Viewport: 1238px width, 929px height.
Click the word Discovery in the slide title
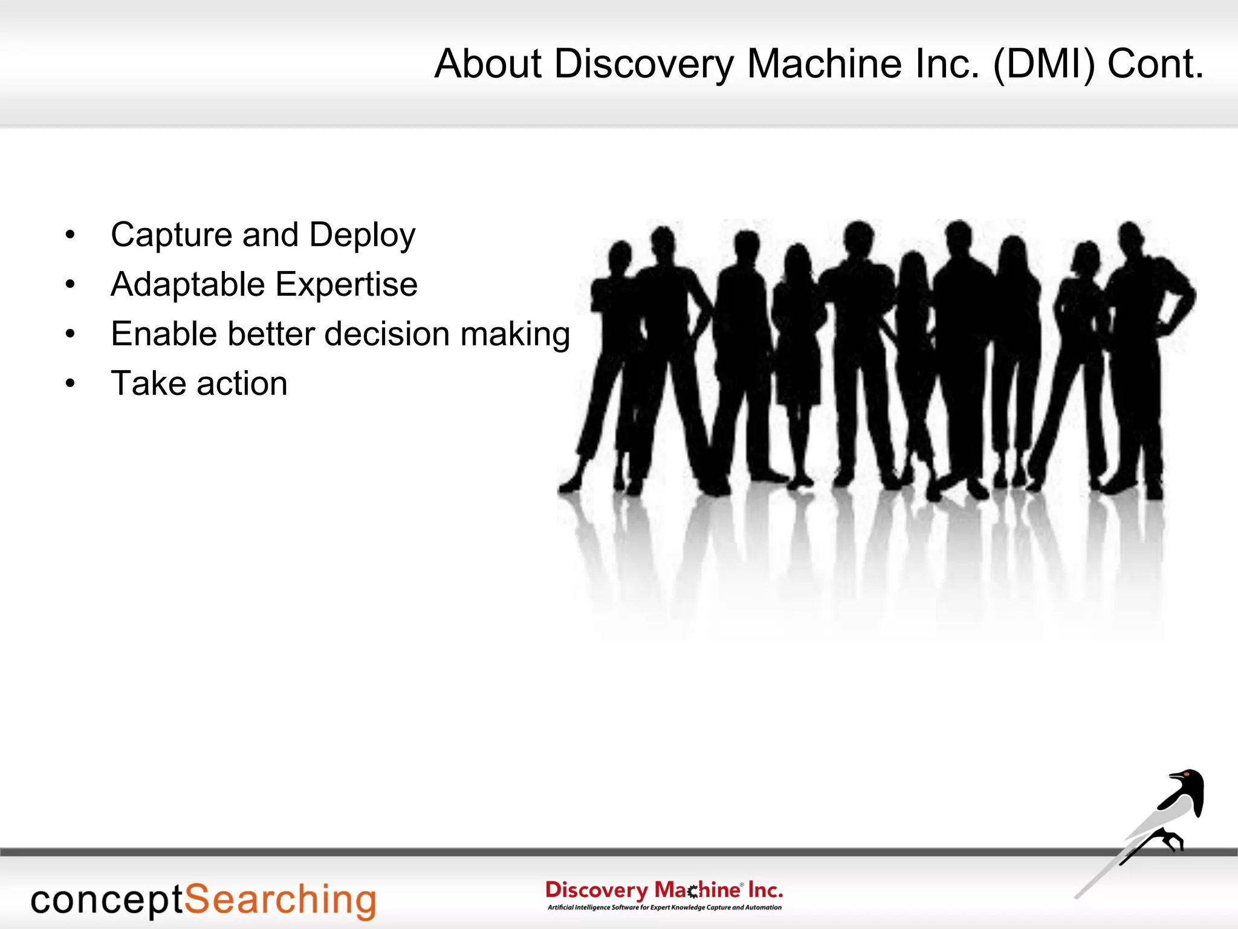point(644,64)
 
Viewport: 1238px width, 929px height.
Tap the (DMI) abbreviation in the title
point(1043,64)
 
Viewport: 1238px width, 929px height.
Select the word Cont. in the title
point(1155,64)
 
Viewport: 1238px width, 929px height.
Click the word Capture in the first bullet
point(171,235)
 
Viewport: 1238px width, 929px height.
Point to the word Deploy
point(362,235)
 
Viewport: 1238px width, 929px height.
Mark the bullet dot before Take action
point(71,383)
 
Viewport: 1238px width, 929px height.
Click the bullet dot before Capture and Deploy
point(71,235)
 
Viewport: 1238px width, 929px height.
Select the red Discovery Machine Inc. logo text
point(664,890)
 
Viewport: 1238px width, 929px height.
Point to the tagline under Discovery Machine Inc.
point(664,907)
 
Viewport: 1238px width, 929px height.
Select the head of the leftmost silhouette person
point(620,255)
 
